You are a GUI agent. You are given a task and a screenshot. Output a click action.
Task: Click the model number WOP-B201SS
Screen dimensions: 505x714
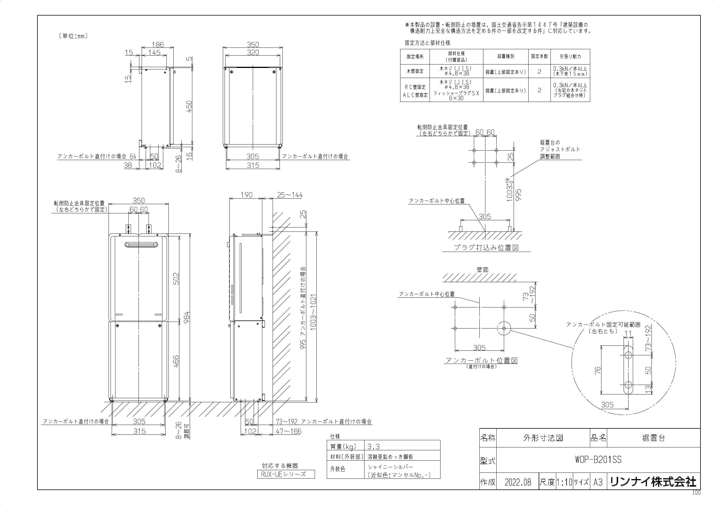598,460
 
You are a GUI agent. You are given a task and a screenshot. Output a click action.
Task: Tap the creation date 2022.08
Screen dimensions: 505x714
518,482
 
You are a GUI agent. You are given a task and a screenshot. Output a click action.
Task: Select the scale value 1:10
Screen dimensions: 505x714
564,482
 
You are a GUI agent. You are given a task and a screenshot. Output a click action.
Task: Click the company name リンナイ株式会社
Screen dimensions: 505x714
653,482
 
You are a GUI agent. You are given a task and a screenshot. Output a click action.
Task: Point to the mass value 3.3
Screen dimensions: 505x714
373,447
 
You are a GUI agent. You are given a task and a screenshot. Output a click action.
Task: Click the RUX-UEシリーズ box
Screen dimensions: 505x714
286,474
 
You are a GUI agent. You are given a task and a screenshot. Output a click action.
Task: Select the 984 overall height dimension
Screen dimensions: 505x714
186,317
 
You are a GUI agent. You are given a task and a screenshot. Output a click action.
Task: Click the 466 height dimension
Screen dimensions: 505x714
176,361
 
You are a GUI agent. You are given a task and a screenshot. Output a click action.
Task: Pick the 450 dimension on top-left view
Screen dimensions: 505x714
189,107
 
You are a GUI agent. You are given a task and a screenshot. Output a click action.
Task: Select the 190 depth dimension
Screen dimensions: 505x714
247,195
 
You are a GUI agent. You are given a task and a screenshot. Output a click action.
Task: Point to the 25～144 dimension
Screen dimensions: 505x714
290,195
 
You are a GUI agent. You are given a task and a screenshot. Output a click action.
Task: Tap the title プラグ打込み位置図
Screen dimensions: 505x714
486,248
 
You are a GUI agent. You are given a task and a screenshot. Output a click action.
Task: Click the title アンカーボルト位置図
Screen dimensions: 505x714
481,360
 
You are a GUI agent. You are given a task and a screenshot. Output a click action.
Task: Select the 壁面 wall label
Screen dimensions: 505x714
482,269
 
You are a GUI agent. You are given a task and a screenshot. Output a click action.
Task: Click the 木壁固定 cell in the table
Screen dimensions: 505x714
415,71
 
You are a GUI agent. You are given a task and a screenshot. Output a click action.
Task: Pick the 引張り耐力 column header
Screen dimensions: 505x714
570,57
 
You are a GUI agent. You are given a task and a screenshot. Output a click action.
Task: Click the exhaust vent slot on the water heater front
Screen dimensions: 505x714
140,245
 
